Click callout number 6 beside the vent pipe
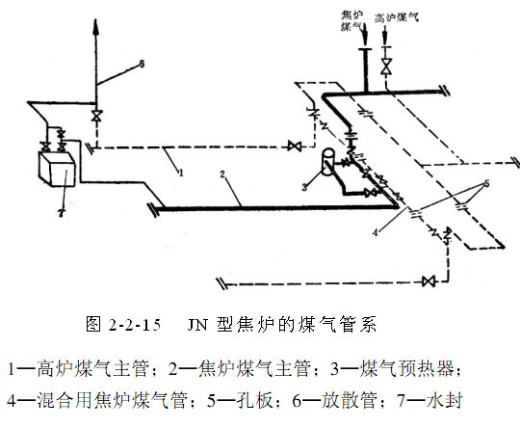pos(141,64)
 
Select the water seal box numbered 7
pos(58,171)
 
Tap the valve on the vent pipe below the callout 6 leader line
pos(95,116)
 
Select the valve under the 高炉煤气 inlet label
pos(387,68)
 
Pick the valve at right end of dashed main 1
pos(294,147)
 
